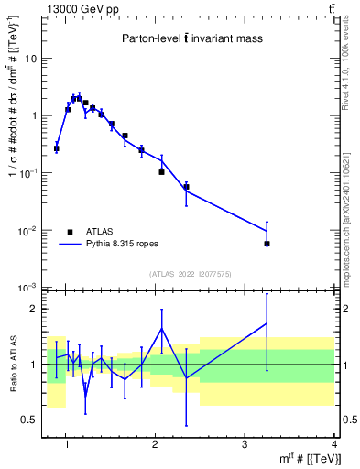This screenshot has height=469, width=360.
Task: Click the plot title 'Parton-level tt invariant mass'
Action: pos(192,38)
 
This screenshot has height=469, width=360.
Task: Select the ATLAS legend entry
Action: pos(96,232)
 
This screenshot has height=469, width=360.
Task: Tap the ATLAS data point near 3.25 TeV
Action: pos(267,244)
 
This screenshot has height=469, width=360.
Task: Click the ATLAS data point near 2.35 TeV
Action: pos(187,187)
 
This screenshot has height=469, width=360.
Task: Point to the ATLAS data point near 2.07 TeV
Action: pos(161,171)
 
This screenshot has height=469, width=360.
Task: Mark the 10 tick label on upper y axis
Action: pos(31,59)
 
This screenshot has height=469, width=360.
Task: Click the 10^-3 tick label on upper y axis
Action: pos(29,288)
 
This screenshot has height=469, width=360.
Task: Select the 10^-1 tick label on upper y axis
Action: pos(29,173)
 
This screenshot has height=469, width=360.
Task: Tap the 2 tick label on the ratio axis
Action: pos(34,309)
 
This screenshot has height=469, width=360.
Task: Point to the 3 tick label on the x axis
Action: pos(245,445)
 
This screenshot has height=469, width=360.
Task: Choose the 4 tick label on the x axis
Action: pos(333,445)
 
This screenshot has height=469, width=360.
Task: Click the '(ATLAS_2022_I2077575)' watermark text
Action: pos(191,274)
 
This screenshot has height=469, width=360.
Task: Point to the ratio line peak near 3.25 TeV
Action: pos(267,322)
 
